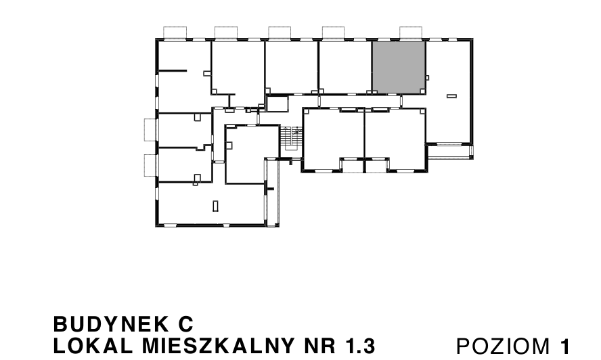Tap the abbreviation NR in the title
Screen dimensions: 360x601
point(321,346)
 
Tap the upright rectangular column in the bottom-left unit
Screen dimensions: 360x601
point(215,205)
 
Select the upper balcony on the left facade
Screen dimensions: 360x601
point(150,129)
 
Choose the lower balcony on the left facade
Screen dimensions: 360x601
point(150,164)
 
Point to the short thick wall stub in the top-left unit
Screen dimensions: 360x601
point(172,70)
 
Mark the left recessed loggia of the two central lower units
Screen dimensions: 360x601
point(351,164)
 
